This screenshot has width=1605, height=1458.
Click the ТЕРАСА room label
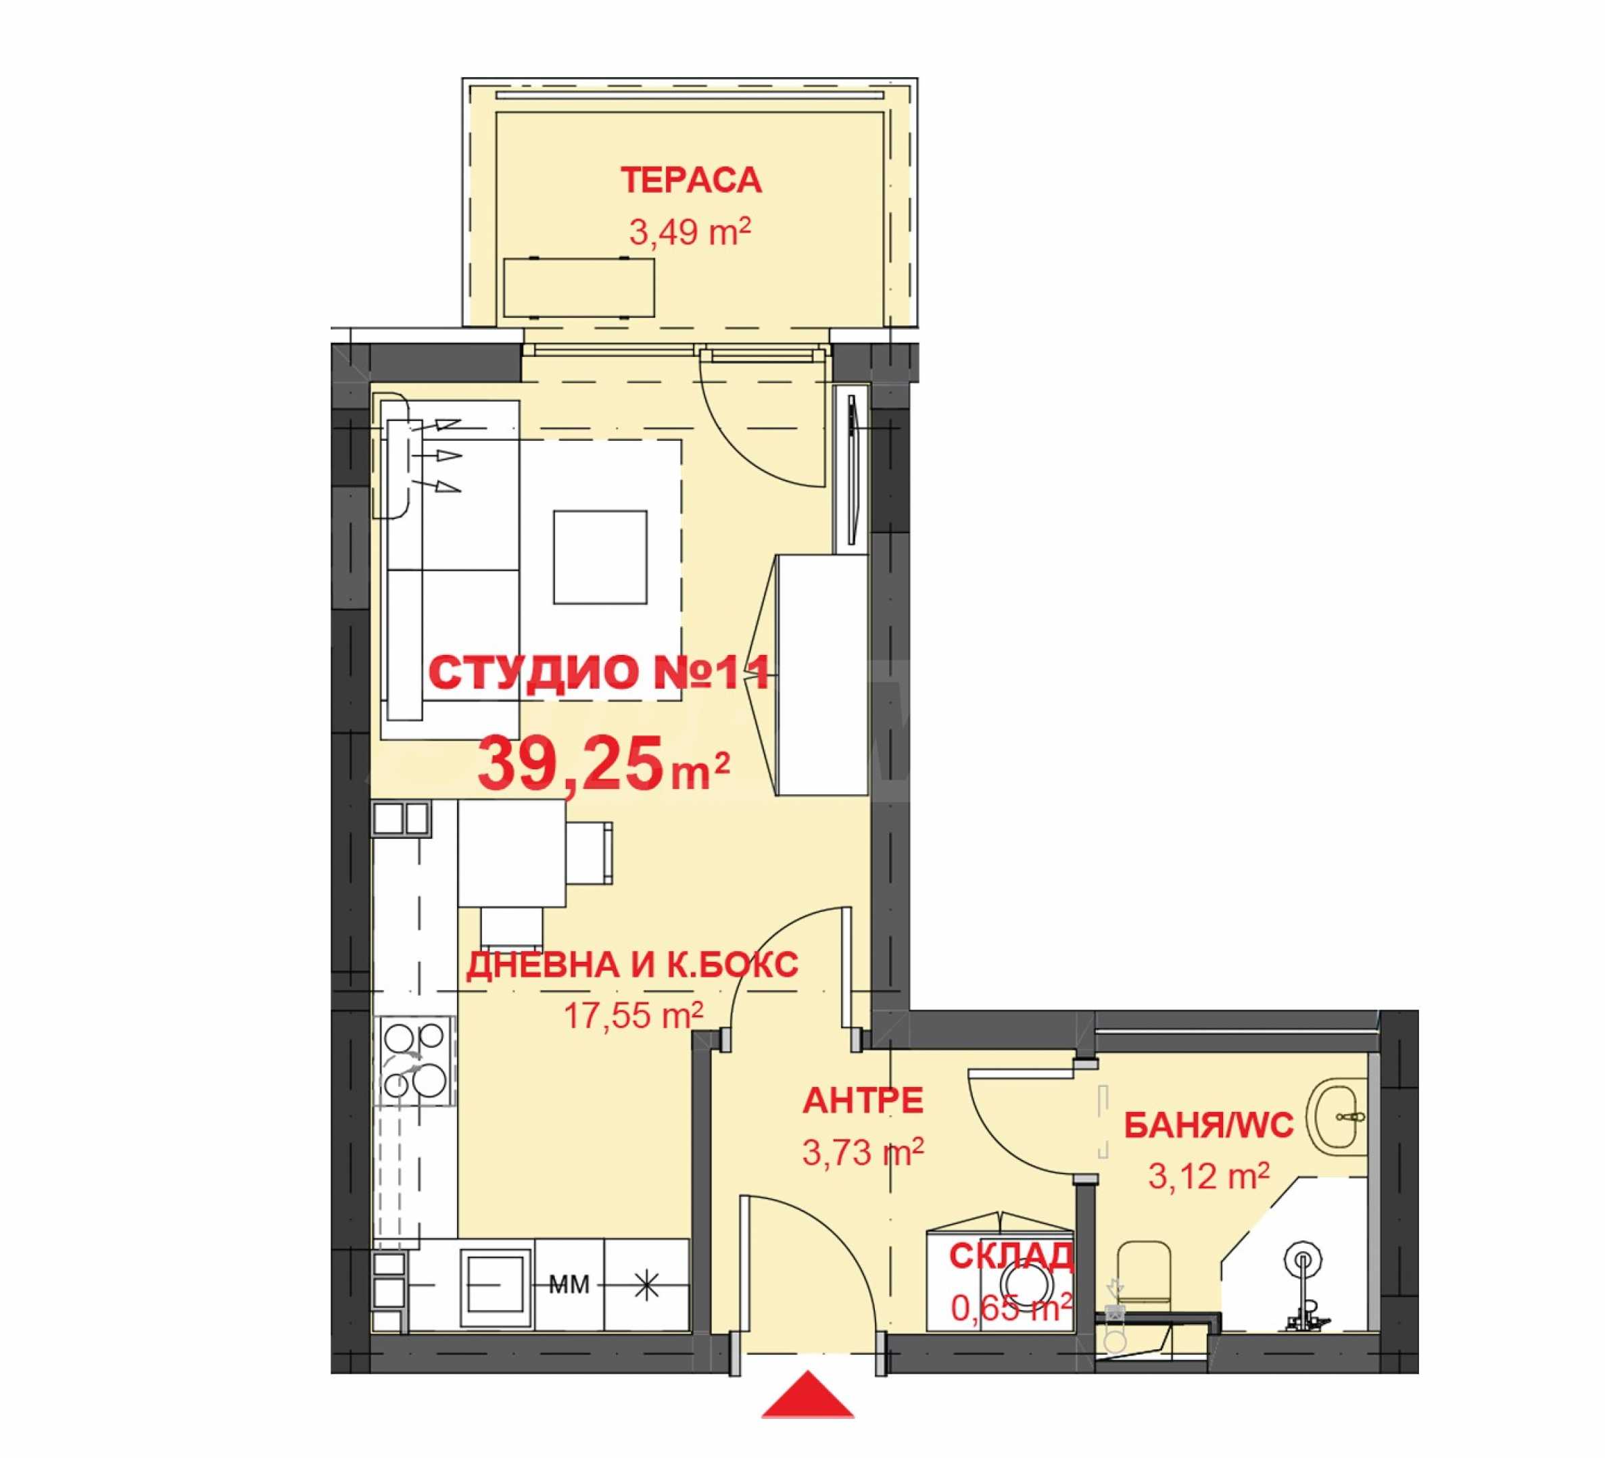coord(691,180)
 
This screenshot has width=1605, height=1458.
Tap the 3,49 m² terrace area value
coord(690,233)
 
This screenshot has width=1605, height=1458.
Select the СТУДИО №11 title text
coord(600,673)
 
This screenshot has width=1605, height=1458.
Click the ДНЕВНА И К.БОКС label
coord(632,965)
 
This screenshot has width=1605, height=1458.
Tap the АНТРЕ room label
coord(863,1102)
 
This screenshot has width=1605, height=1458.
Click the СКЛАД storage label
coord(1012,1256)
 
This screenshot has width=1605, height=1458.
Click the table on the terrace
coord(579,287)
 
